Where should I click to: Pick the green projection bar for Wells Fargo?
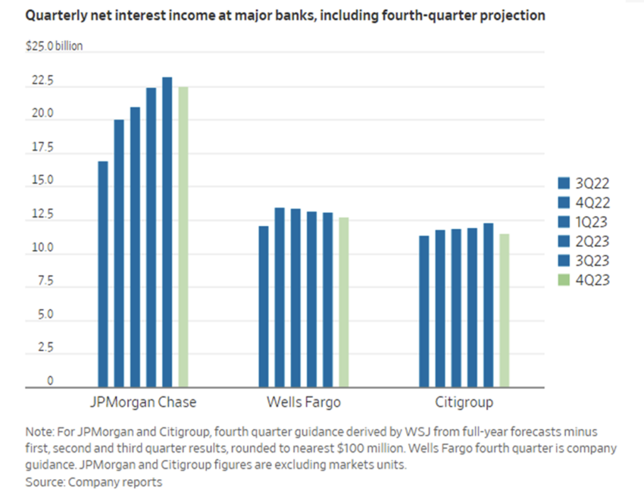[x=343, y=302]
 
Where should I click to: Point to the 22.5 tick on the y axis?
[x=38, y=82]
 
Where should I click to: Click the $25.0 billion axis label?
[x=53, y=46]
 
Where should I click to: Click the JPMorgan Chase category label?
[x=143, y=402]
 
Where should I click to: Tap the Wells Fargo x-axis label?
[x=303, y=402]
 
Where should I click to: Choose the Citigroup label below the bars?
[x=464, y=402]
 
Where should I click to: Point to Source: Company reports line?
[x=94, y=482]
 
